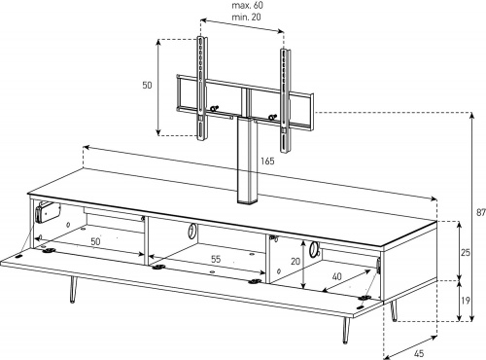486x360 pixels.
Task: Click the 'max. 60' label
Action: coord(248,6)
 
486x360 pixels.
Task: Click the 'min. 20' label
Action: coord(246,17)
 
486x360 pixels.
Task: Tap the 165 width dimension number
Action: coord(267,161)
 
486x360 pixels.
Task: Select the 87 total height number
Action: coord(481,213)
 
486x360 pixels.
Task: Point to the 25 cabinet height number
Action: coord(466,252)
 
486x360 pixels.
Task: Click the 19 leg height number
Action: coord(465,301)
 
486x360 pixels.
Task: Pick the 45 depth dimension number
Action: coord(419,353)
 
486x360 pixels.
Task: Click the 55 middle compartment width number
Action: coord(216,259)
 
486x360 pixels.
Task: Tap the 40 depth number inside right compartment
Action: coord(337,276)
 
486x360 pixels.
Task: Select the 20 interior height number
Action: coord(295,261)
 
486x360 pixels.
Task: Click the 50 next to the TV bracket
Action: coord(147,85)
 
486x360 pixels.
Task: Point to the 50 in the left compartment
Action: coord(95,241)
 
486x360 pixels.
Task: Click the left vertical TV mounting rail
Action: coord(202,89)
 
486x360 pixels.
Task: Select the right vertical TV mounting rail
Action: coord(285,100)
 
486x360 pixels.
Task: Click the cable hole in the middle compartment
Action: coord(191,232)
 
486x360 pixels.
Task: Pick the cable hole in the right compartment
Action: coord(313,249)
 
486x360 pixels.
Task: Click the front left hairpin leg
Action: coord(73,289)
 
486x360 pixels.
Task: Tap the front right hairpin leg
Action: coord(346,329)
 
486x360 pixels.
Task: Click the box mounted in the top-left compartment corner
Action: coord(48,212)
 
